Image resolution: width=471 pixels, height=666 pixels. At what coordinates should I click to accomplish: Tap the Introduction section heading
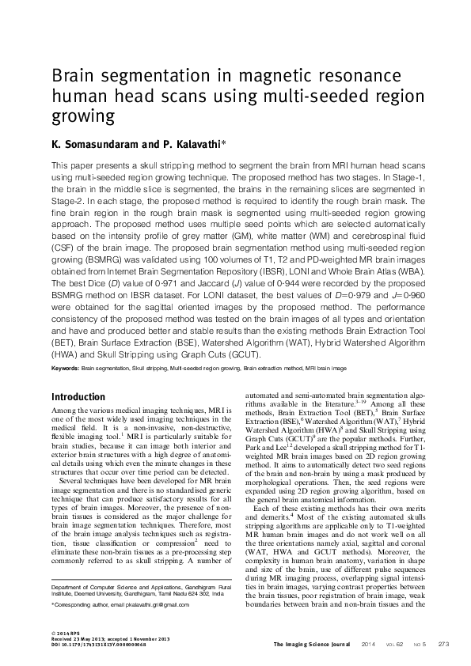pos(78,396)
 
